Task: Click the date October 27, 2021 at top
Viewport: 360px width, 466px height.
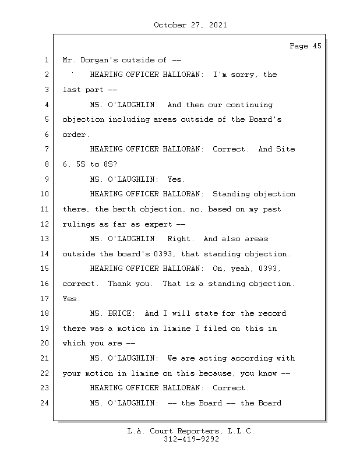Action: tap(190, 25)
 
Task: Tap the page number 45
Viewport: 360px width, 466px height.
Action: tap(317, 46)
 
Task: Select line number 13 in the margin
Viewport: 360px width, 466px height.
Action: tap(44, 239)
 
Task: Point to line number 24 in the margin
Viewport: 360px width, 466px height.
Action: tap(44, 403)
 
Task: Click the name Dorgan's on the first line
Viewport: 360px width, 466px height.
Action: tap(99, 60)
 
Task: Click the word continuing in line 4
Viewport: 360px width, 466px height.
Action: tap(249, 105)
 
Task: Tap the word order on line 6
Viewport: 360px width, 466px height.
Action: tap(76, 135)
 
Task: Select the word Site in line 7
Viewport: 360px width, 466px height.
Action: tap(285, 149)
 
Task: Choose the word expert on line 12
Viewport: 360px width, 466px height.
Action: tap(158, 224)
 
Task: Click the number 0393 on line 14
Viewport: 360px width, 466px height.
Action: tap(164, 254)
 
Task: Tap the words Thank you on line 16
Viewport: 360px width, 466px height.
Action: tap(130, 284)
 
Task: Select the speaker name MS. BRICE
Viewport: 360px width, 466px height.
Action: tap(112, 313)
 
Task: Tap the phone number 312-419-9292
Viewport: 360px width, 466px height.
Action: tap(191, 439)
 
